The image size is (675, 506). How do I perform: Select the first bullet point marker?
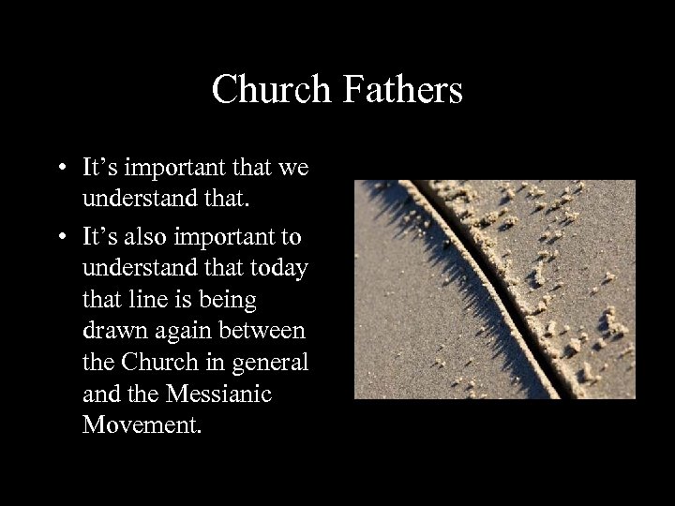point(59,170)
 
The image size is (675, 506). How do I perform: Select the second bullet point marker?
point(59,233)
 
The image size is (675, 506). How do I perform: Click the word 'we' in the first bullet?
point(293,170)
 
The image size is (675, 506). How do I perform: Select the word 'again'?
point(186,331)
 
